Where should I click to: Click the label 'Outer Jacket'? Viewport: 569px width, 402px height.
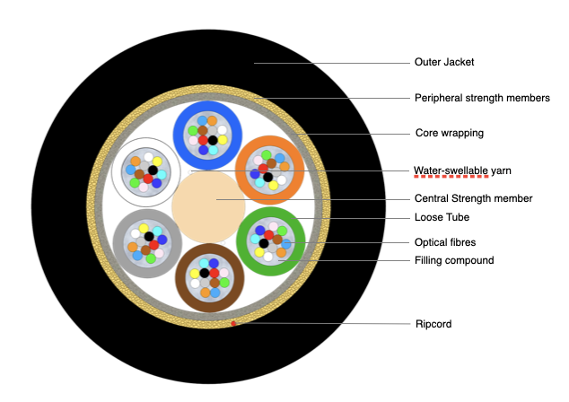coord(443,63)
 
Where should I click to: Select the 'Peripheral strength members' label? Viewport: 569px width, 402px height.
coord(482,98)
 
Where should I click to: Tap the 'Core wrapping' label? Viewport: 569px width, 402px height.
coord(449,133)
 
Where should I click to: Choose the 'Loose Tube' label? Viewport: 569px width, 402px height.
coord(443,217)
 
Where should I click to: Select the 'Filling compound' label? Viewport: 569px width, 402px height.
coord(454,260)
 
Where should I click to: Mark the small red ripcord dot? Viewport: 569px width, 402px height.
coord(234,323)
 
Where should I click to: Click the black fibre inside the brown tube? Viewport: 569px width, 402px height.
coord(205,272)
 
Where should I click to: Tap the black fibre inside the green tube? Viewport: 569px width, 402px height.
coord(263,243)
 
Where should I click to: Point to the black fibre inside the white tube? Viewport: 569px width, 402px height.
coord(153,170)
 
